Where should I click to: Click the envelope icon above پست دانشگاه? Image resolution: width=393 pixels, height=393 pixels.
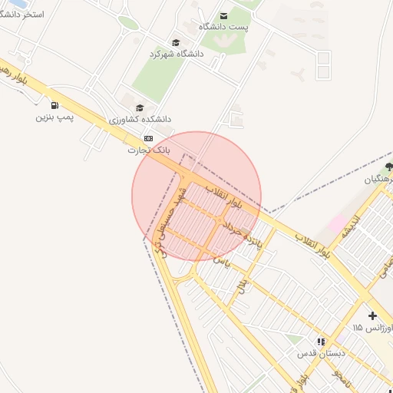[223, 15]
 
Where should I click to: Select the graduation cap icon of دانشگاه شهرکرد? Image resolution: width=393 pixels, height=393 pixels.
[176, 42]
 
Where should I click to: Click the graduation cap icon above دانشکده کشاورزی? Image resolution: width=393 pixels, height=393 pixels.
[139, 107]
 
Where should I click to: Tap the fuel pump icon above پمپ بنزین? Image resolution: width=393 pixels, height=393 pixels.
[54, 105]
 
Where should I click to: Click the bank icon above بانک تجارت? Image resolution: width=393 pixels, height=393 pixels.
[148, 138]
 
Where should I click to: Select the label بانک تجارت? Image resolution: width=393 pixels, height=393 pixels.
[148, 150]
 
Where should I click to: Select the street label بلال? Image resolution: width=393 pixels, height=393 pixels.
[243, 285]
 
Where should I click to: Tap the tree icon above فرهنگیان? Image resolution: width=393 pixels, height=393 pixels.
[389, 166]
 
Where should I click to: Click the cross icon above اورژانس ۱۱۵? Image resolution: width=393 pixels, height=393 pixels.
[372, 315]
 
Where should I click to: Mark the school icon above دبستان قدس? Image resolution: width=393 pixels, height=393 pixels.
[320, 342]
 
